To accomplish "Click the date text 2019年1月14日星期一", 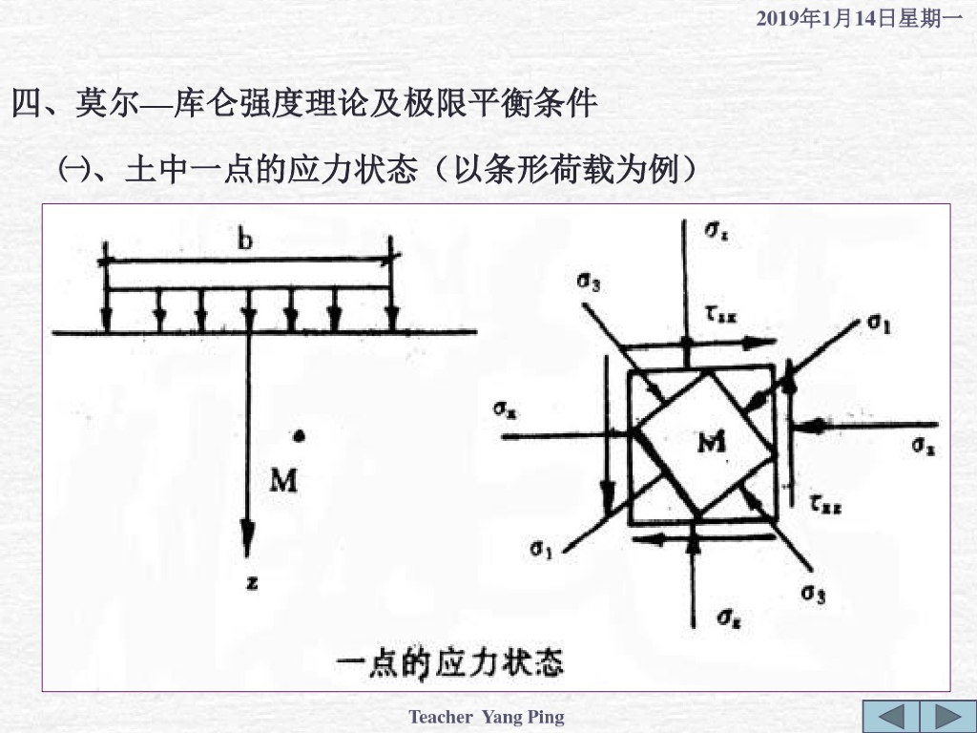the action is [x=858, y=18].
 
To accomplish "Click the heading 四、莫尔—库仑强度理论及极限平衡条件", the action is [x=303, y=103].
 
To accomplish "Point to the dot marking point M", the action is [x=300, y=436].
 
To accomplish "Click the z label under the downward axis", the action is [x=252, y=582].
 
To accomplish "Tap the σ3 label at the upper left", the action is [x=589, y=282].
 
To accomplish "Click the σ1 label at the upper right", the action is [x=879, y=324].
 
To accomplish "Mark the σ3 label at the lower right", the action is [x=813, y=594].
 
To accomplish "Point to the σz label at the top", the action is [x=717, y=232].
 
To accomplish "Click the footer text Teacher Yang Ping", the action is [x=487, y=717].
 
